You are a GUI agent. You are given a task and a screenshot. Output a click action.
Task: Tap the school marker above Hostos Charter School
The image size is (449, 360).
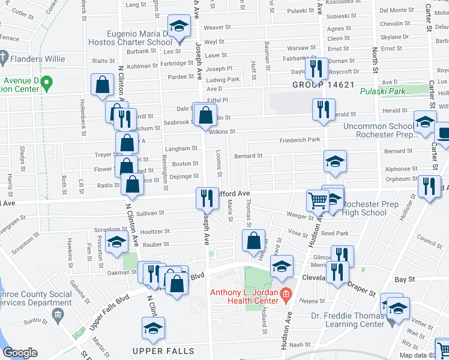(x=178, y=27)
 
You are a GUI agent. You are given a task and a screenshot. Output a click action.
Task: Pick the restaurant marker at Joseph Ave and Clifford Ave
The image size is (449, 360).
(x=206, y=198)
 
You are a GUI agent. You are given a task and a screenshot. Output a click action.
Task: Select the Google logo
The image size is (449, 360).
(x=20, y=353)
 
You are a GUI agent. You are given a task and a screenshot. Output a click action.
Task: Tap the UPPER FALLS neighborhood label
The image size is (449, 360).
(x=163, y=350)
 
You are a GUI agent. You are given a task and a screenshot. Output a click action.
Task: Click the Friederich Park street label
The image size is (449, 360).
(x=300, y=140)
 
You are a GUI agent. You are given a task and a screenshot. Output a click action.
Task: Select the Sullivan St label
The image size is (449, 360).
(x=150, y=213)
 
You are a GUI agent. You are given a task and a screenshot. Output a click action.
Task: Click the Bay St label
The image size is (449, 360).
(x=405, y=280)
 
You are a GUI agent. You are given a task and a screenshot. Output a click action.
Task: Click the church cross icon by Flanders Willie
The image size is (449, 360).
(x=3, y=59)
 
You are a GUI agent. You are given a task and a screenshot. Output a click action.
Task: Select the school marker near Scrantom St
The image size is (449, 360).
(x=116, y=242)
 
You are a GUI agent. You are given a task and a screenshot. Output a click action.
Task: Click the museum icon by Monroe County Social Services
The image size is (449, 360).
(x=57, y=314)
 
